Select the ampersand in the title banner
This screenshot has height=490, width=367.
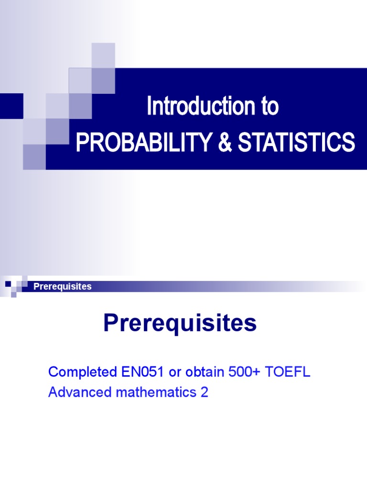point(225,142)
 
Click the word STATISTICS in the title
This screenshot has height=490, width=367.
point(296,142)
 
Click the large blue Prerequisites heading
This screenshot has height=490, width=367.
point(180,324)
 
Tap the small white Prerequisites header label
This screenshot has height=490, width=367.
point(62,287)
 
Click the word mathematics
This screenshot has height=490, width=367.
point(151,392)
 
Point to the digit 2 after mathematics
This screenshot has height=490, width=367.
point(204,392)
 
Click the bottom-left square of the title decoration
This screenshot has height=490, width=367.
point(34,156)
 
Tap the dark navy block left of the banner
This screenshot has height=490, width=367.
point(11,106)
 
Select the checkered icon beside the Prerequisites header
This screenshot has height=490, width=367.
point(14,287)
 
